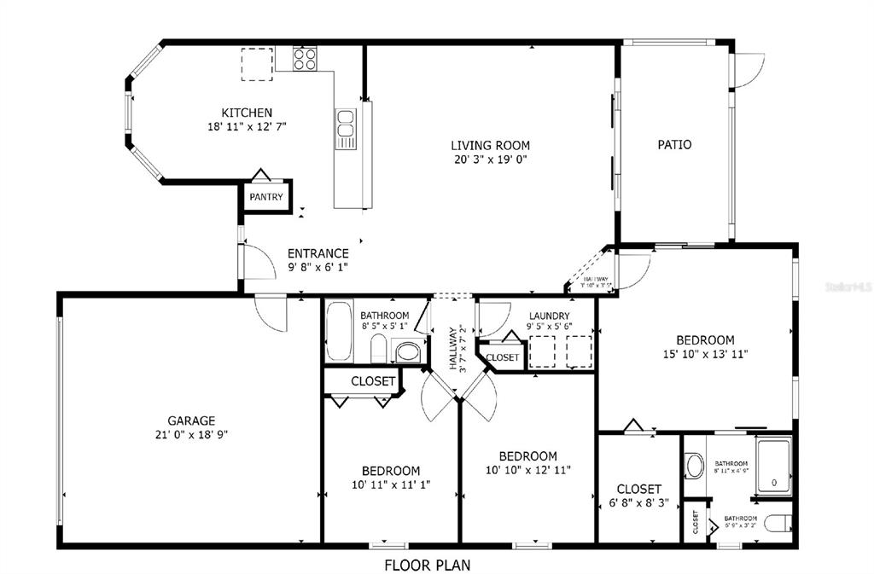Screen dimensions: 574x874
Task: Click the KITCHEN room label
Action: pyautogui.click(x=247, y=113)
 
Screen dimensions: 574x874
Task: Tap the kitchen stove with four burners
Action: pyautogui.click(x=306, y=59)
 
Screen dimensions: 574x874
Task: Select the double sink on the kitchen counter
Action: pyautogui.click(x=345, y=130)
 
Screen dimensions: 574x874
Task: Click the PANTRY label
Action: pyautogui.click(x=265, y=197)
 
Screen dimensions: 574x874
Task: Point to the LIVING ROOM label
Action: pyautogui.click(x=490, y=145)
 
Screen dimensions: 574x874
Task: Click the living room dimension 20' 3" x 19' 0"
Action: pyautogui.click(x=490, y=159)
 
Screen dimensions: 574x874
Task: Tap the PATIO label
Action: pyautogui.click(x=674, y=145)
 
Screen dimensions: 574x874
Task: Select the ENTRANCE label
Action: pyautogui.click(x=318, y=253)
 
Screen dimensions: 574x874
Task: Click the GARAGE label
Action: pyautogui.click(x=191, y=420)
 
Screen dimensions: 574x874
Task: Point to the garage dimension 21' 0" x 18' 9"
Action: pyautogui.click(x=191, y=434)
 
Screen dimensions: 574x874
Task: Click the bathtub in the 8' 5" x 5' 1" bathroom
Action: pyautogui.click(x=340, y=331)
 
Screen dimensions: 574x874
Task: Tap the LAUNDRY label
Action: pyautogui.click(x=549, y=316)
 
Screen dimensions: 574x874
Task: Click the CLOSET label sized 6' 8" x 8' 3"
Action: pyautogui.click(x=638, y=489)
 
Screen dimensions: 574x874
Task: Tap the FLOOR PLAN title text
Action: pyautogui.click(x=427, y=565)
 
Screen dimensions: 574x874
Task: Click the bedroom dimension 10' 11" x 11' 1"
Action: pyautogui.click(x=391, y=484)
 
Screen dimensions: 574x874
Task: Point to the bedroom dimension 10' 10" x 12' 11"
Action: pyautogui.click(x=527, y=469)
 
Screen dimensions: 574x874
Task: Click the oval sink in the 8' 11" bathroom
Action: pyautogui.click(x=693, y=467)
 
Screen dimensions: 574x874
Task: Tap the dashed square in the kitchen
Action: pyautogui.click(x=256, y=64)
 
